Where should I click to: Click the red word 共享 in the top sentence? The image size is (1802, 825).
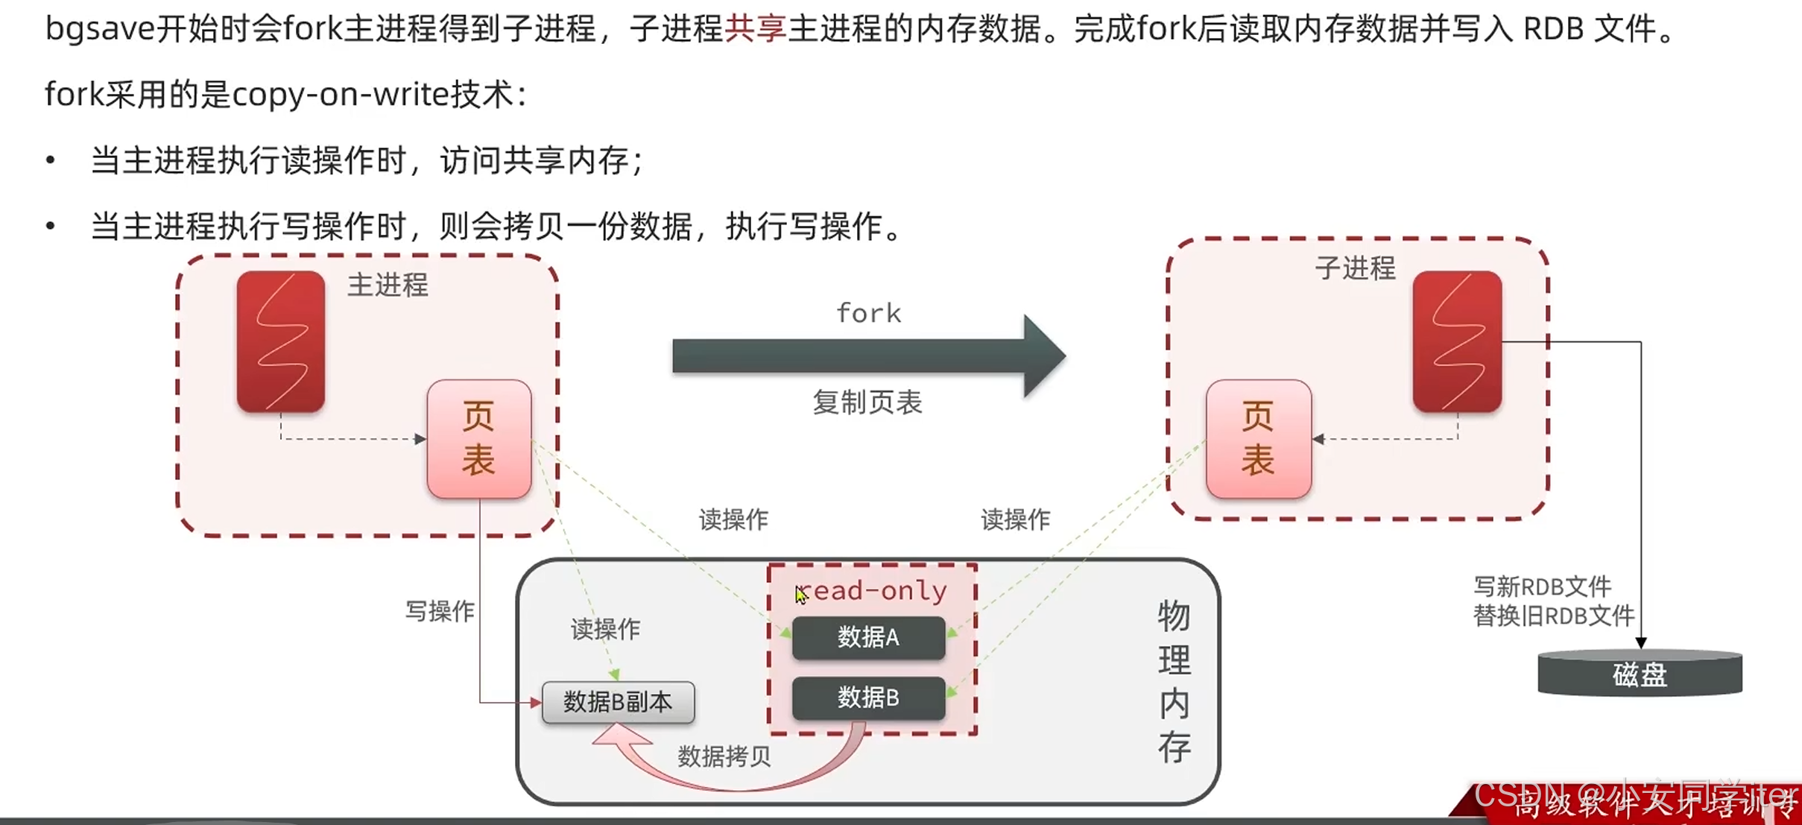pos(755,29)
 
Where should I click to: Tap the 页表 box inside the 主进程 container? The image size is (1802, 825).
pos(479,439)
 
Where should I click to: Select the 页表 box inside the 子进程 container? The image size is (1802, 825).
pos(1258,439)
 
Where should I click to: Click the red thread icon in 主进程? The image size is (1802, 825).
pos(281,341)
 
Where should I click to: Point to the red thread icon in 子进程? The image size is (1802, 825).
pos(1457,341)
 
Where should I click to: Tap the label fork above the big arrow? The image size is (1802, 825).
pos(869,313)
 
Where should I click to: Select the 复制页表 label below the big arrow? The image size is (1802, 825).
pos(867,402)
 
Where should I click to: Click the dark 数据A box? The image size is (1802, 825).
pos(868,637)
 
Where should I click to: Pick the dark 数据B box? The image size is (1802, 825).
pos(868,698)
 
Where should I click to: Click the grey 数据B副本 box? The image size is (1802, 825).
pos(618,702)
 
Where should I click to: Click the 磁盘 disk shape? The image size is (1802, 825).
pos(1640,674)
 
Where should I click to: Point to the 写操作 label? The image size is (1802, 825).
pos(440,611)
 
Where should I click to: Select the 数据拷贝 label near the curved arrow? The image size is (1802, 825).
pos(724,756)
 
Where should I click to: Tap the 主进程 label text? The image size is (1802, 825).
pos(388,285)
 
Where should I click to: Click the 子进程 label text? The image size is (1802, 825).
pos(1355,268)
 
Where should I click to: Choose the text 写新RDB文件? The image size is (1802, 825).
pos(1543,587)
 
